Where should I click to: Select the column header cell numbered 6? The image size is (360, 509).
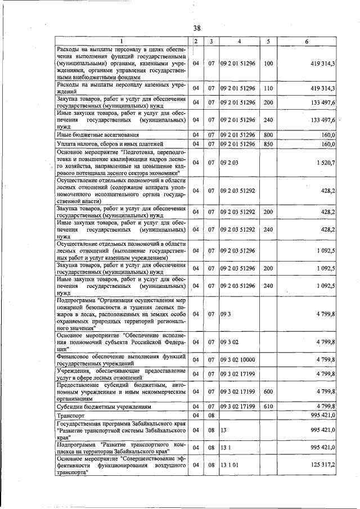[x=307, y=42]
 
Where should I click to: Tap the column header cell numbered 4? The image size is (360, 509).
[x=239, y=42]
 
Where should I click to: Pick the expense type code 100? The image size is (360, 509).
[x=268, y=64]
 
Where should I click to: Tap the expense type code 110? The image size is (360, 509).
[x=268, y=88]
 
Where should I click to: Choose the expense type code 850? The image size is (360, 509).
[x=268, y=145]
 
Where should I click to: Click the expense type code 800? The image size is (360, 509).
[x=268, y=135]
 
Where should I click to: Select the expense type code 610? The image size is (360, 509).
[x=268, y=406]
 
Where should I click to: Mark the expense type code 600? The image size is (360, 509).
[x=268, y=391]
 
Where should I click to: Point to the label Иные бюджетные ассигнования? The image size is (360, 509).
[x=94, y=135]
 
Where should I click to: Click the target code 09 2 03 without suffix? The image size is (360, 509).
[x=228, y=163]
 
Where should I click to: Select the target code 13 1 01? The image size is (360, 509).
[x=228, y=465]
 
